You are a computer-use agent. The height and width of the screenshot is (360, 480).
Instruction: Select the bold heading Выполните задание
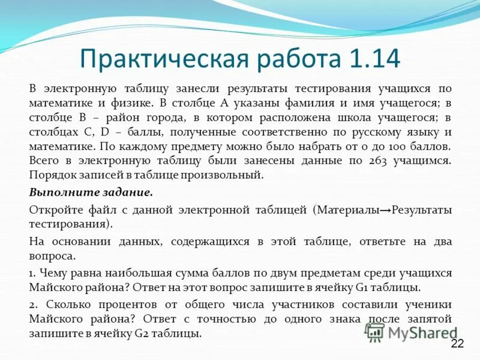pyautogui.click(x=91, y=193)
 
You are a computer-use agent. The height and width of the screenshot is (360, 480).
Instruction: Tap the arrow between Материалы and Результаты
pyautogui.click(x=385, y=210)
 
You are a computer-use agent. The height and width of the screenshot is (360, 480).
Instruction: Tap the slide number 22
pyautogui.click(x=457, y=344)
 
